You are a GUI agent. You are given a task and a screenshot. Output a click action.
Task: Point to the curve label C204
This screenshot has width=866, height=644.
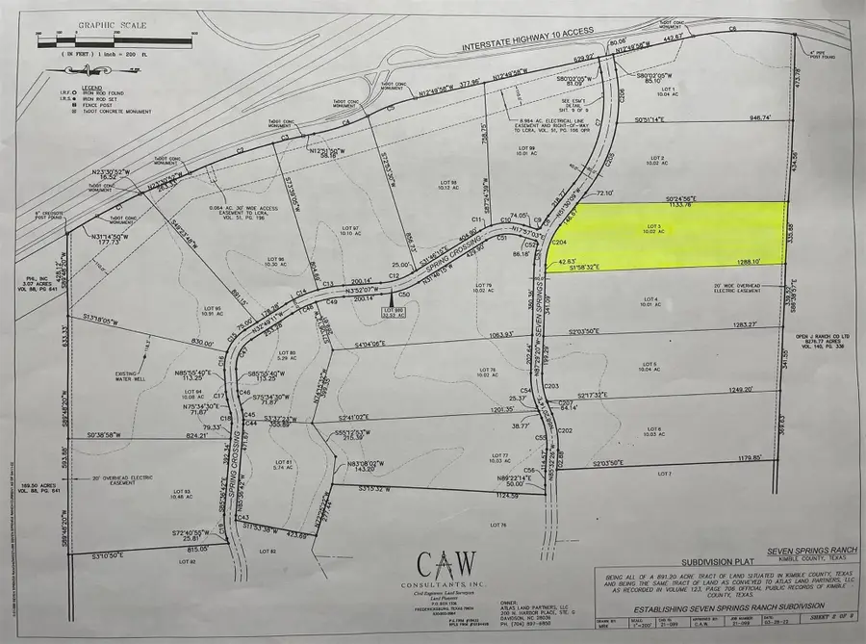pyautogui.click(x=558, y=244)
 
